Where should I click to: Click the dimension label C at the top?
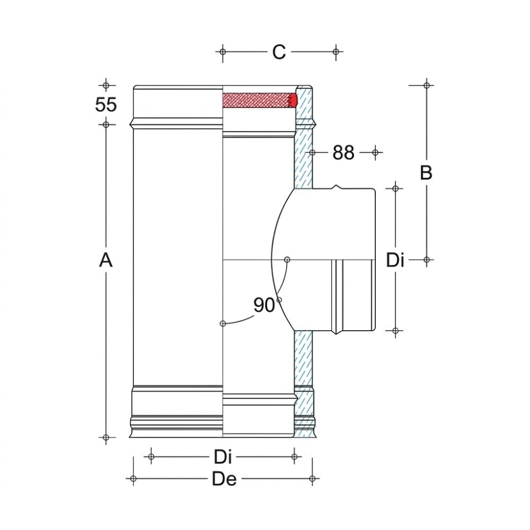click(x=279, y=52)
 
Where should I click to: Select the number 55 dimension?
click(x=106, y=104)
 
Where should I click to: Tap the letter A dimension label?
click(x=106, y=260)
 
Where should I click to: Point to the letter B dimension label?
click(x=426, y=172)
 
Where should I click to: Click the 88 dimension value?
click(x=343, y=153)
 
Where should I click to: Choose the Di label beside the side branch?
click(x=395, y=260)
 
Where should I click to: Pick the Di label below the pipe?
click(x=223, y=457)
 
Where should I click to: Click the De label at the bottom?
click(x=224, y=479)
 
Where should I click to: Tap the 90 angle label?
click(x=264, y=305)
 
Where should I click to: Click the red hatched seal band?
click(x=260, y=100)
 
